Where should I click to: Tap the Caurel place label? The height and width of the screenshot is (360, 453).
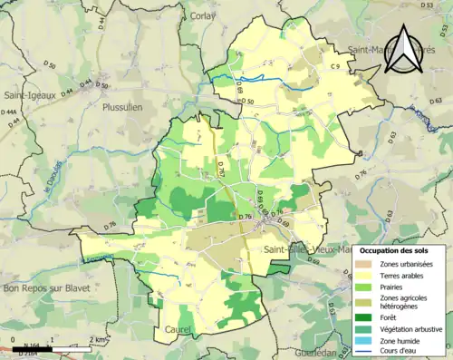click(178, 329)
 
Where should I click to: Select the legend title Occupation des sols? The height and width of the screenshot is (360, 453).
click(397, 249)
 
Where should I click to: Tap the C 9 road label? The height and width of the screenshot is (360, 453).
click(333, 66)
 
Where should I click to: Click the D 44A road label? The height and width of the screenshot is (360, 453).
click(10, 112)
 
